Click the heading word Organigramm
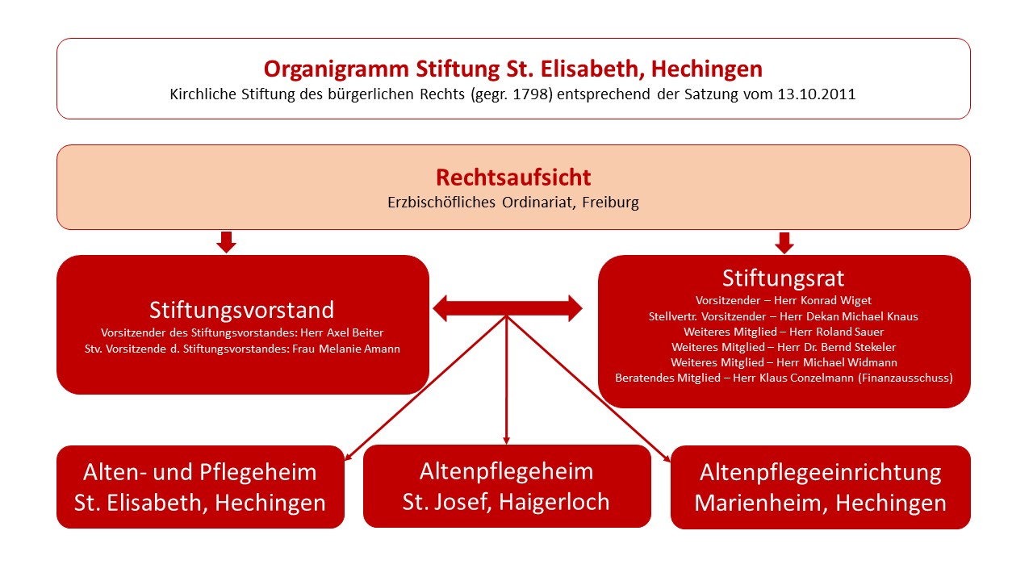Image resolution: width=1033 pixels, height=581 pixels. [x=337, y=69]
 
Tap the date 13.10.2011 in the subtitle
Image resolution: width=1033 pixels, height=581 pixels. [x=816, y=94]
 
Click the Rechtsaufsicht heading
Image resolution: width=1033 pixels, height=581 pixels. [x=513, y=178]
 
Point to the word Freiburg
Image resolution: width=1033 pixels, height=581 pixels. [x=610, y=203]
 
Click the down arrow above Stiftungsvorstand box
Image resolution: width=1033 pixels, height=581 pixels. [x=226, y=242]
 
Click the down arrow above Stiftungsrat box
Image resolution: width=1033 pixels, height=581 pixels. [x=784, y=243]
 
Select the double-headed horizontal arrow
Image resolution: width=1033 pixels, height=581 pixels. [x=508, y=308]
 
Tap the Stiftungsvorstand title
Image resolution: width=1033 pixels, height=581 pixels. [x=241, y=310]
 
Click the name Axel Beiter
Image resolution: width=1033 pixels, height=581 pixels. [x=354, y=332]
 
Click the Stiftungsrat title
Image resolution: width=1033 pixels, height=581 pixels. [x=783, y=278]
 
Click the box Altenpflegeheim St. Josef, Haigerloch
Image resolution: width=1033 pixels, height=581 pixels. [x=507, y=486]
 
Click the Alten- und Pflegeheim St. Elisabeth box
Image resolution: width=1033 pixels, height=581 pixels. [x=201, y=487]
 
